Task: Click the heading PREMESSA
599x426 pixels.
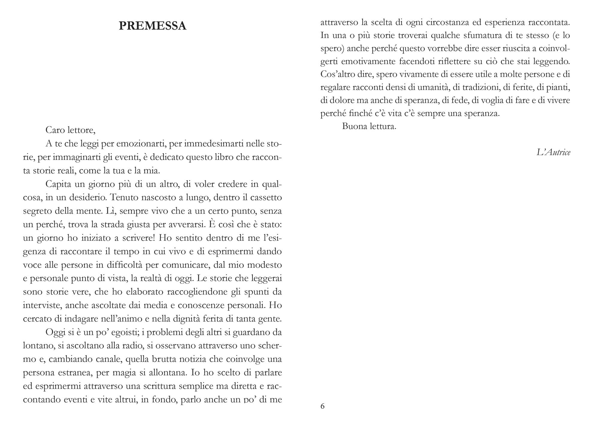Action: click(x=152, y=26)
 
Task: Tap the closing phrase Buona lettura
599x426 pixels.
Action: click(x=369, y=126)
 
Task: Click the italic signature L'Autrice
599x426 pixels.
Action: click(x=553, y=152)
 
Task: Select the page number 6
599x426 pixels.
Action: click(x=323, y=406)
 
